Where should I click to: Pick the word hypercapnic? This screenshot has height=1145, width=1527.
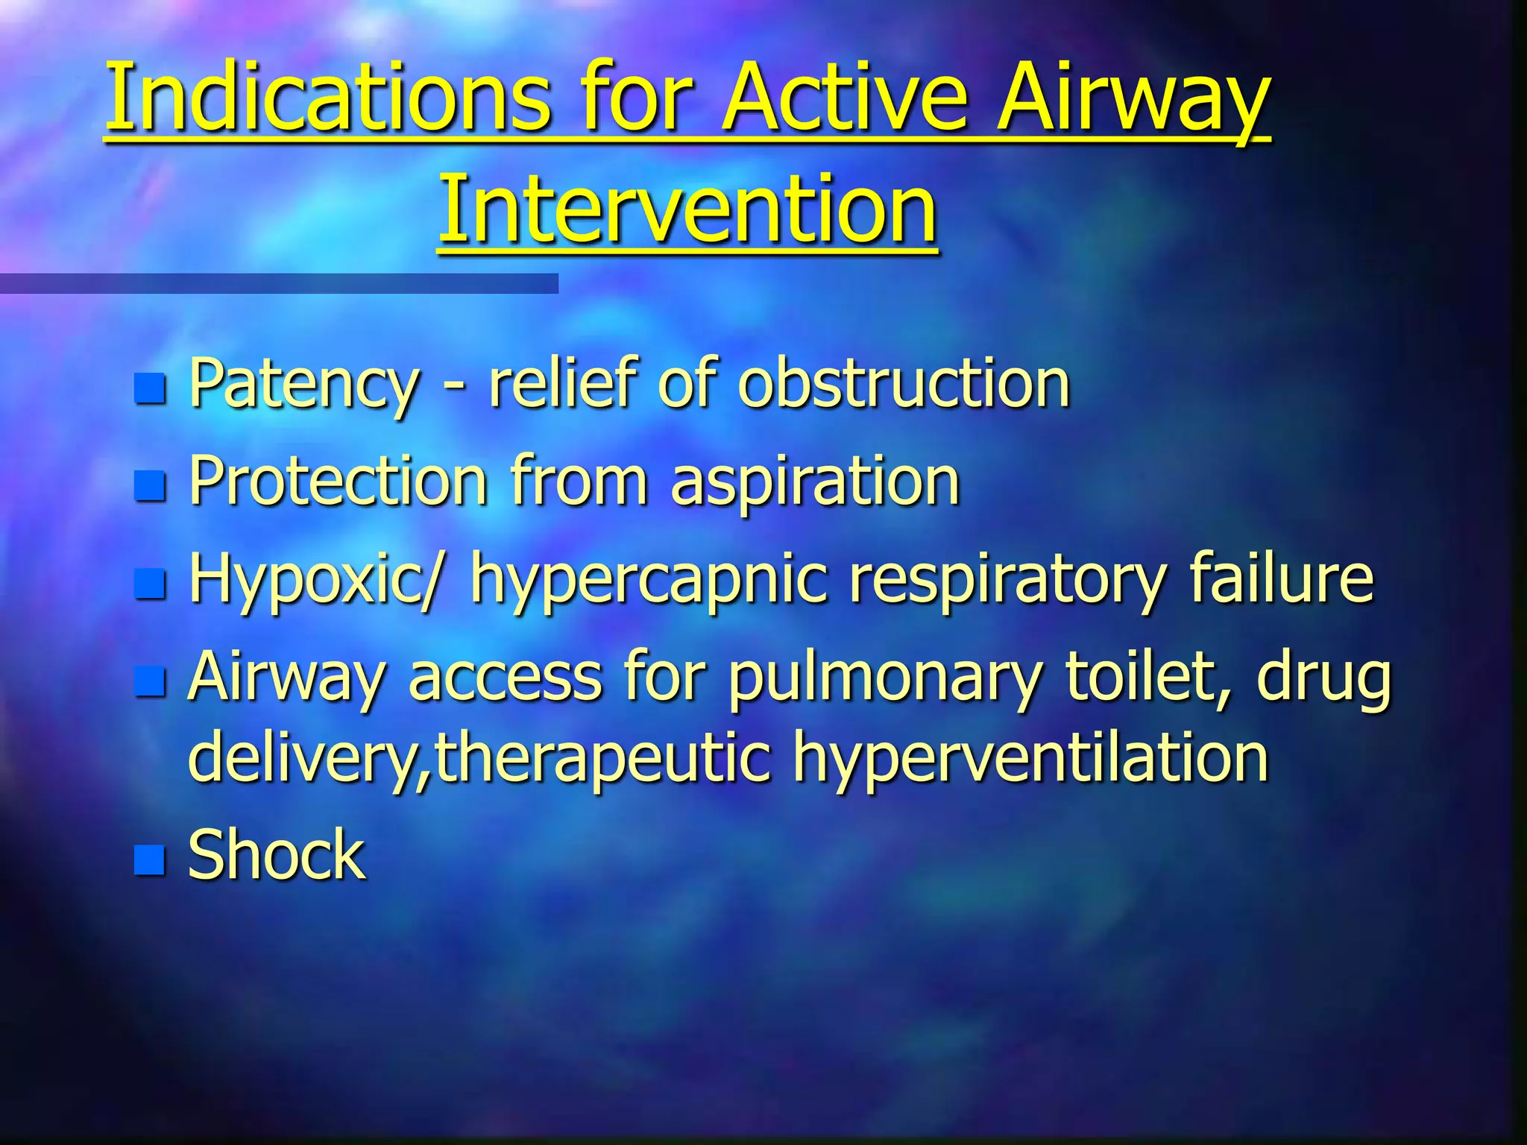[648, 579]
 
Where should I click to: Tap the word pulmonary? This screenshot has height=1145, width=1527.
[884, 678]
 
